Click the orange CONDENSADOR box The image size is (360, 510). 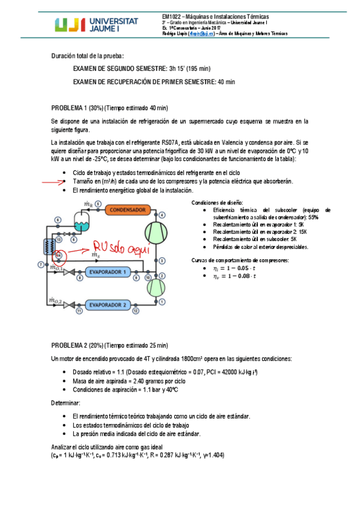click(130, 209)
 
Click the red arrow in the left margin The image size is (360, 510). click(53, 181)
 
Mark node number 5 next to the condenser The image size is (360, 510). click(99, 204)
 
